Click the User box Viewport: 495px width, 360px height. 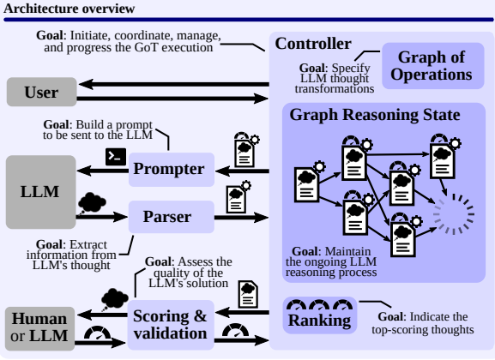(x=39, y=91)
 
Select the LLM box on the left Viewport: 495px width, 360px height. (x=39, y=191)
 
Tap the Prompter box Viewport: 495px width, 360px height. (x=169, y=169)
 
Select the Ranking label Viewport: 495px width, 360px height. (x=320, y=321)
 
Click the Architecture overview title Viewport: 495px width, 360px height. (x=69, y=9)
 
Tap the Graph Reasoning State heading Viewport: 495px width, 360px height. (x=375, y=114)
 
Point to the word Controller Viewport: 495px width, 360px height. (x=312, y=44)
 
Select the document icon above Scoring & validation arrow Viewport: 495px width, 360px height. (x=247, y=291)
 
